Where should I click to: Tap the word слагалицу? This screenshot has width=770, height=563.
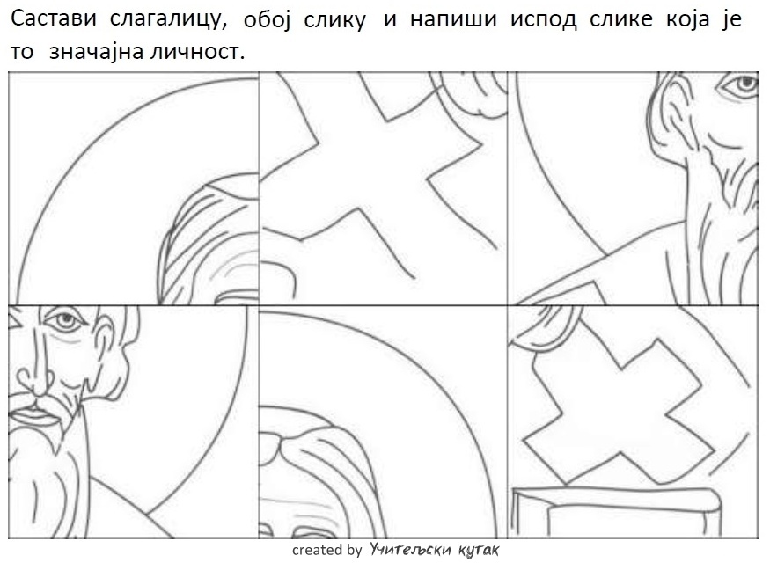click(168, 19)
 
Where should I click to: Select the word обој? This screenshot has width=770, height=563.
click(268, 20)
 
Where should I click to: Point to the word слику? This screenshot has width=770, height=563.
click(334, 20)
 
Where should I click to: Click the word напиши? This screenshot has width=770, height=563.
click(453, 20)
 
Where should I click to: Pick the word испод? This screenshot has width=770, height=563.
click(544, 20)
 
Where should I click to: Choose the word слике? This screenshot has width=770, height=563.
click(621, 19)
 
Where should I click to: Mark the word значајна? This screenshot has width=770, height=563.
click(96, 52)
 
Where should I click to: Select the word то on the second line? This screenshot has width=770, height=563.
click(22, 52)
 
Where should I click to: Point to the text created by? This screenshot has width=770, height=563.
click(326, 550)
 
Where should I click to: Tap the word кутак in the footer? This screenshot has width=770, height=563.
click(479, 550)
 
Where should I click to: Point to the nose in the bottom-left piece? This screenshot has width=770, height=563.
click(34, 378)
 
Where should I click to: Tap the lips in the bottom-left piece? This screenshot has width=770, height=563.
click(33, 416)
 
